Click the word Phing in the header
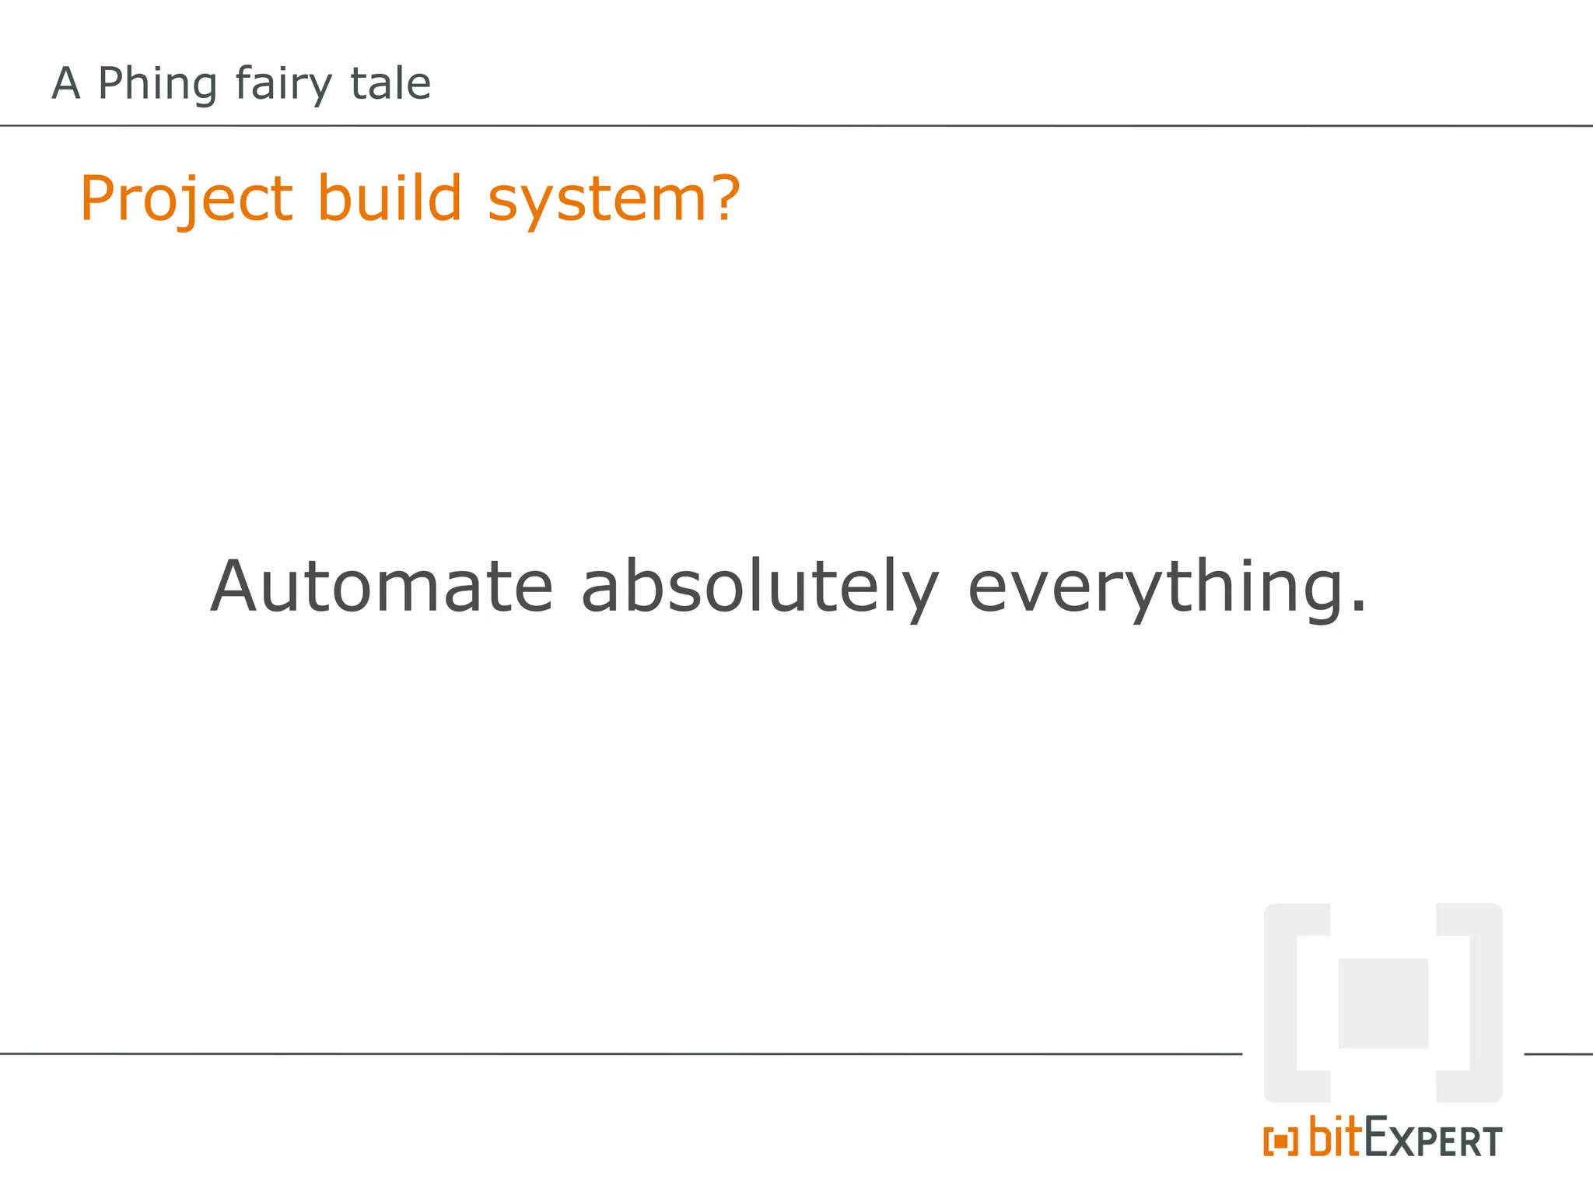tap(157, 84)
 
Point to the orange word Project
tap(187, 199)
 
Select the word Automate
tap(381, 587)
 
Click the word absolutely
tap(760, 587)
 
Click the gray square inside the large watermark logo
tap(1383, 1003)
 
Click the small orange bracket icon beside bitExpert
tap(1280, 1141)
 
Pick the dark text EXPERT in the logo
tap(1433, 1140)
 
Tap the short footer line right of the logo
tap(1558, 1054)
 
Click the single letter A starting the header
tap(66, 84)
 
